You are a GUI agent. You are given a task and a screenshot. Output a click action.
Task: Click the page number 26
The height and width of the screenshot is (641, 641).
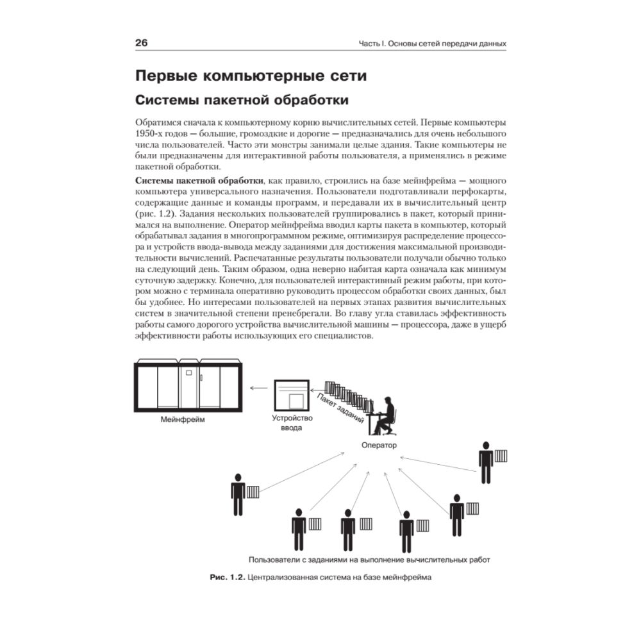point(142,44)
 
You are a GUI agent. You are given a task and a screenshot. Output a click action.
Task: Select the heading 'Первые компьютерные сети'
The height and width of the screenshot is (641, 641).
point(251,76)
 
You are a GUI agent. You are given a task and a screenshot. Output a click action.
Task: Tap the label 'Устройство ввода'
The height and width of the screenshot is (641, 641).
point(292,423)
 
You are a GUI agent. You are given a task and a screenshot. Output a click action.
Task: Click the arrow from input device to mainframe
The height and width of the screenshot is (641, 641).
point(258,387)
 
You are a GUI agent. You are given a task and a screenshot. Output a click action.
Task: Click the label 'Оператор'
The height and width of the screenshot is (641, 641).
point(379,445)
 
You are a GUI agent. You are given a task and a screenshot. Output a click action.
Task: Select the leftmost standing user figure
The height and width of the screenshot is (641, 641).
point(238,493)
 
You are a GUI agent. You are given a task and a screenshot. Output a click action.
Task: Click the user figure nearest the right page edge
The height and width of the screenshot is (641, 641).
point(486,461)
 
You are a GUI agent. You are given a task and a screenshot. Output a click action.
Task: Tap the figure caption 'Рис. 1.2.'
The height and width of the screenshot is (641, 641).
point(227,577)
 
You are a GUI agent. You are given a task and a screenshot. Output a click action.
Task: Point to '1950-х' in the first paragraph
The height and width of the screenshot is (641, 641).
point(151,134)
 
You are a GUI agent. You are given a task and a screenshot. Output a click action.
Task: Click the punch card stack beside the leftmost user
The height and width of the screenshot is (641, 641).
point(253,492)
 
